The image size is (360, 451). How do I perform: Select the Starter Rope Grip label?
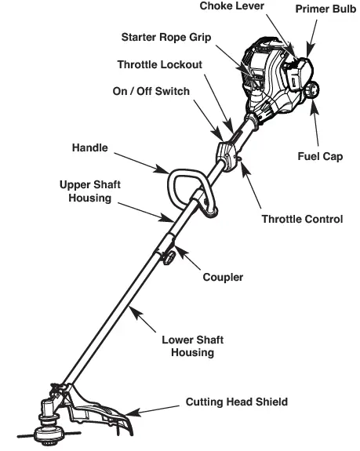pos(165,38)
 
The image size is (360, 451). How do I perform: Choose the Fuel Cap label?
pos(320,157)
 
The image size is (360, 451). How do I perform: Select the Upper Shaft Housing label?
pos(94,192)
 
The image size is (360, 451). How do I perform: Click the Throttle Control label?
pos(302,219)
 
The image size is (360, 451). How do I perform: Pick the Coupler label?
pos(222,277)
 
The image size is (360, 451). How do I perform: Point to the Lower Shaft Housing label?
pos(192,346)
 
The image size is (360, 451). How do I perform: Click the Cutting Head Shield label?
pos(236,402)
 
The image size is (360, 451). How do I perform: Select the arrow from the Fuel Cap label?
pos(316,125)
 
